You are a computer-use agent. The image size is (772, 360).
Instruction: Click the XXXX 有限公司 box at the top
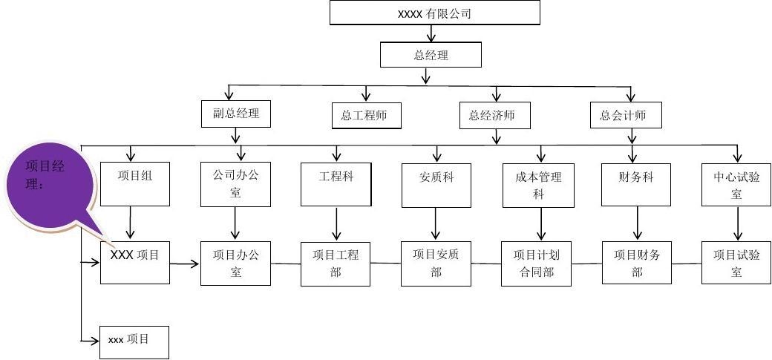[x=434, y=13]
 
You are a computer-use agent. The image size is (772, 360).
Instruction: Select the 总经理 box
[x=431, y=55]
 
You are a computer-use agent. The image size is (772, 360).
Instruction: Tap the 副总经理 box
[x=235, y=114]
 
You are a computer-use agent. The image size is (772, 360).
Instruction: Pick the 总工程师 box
[x=366, y=116]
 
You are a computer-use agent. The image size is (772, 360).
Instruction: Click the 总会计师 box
[x=626, y=115]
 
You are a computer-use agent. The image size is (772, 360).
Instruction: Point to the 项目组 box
[x=134, y=183]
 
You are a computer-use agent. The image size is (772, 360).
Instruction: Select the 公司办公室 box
[x=235, y=183]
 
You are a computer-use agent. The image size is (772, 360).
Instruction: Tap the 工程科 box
[x=336, y=183]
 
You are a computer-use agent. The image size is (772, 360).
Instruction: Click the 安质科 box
[x=436, y=183]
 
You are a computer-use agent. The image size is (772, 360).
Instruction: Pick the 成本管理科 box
[x=538, y=183]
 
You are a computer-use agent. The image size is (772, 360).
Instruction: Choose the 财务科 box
[x=637, y=183]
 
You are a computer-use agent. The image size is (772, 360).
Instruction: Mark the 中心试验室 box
[x=736, y=183]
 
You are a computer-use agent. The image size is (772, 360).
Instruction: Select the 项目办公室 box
[x=235, y=263]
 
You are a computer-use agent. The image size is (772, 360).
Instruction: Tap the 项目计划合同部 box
[x=536, y=263]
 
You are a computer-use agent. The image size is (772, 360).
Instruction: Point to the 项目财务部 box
[x=637, y=263]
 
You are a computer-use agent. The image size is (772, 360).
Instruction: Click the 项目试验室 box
[x=736, y=263]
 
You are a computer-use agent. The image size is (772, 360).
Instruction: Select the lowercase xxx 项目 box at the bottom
[x=134, y=342]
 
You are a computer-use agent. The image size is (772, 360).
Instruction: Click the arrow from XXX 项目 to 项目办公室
[x=185, y=263]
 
